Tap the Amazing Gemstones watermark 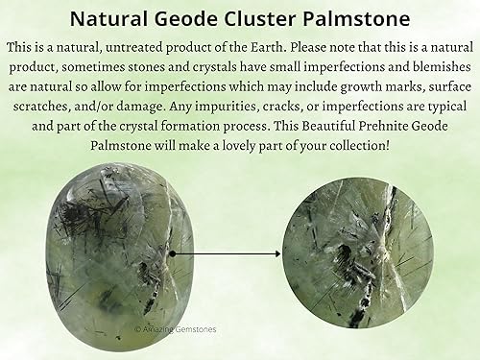click(x=175, y=329)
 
